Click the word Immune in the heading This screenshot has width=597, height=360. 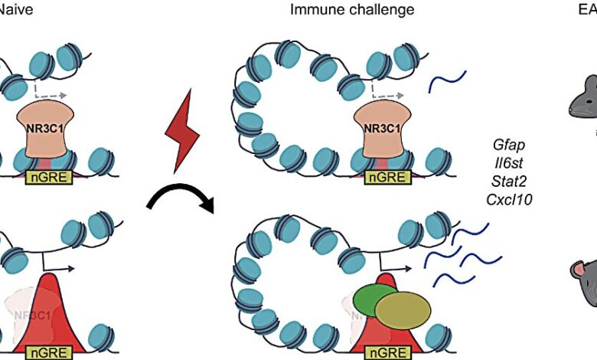pos(314,10)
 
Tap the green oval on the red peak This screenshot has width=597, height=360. pos(375,299)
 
